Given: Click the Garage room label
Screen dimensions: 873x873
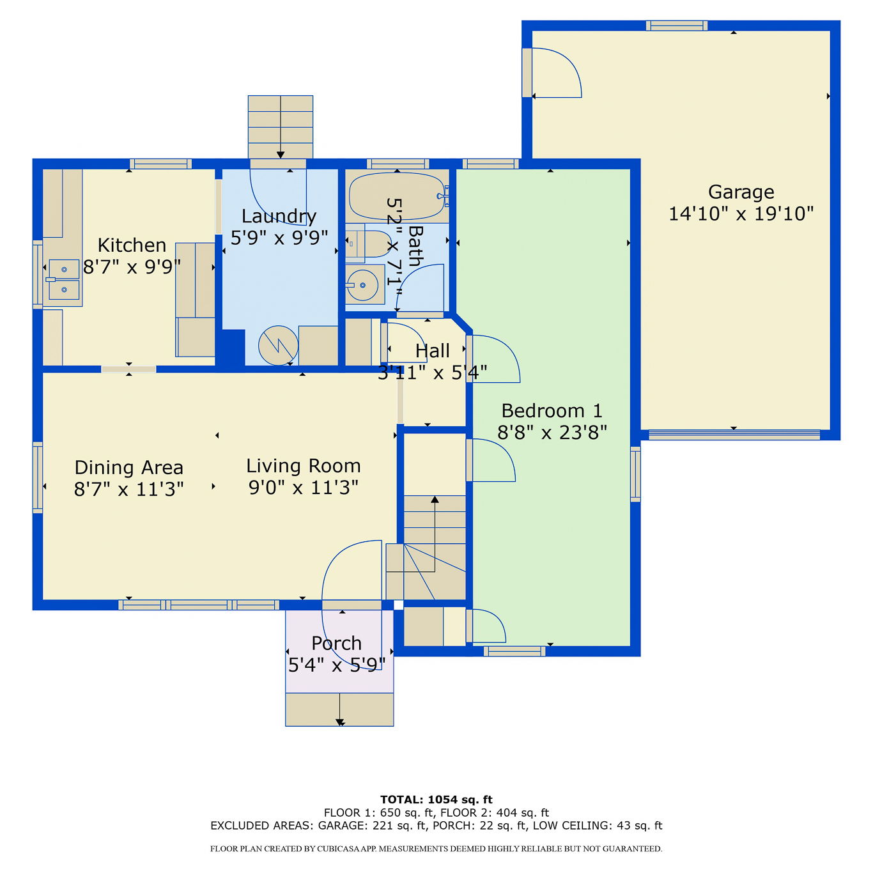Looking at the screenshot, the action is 741,192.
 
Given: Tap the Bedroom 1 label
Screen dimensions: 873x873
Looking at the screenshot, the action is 552,411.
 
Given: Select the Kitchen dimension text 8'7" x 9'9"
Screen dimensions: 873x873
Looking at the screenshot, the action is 132,267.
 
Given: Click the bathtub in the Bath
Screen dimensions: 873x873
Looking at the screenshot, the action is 397,196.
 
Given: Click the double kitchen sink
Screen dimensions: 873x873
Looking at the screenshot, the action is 63,279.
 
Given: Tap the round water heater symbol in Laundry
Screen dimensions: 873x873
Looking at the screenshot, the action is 278,346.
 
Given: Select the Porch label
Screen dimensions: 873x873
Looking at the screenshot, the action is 336,644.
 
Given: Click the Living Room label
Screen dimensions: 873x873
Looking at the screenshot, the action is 304,466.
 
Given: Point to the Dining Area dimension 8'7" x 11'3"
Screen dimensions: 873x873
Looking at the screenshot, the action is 129,490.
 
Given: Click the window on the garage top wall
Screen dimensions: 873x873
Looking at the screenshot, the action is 676,26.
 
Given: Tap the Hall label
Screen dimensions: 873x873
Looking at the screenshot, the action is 433,351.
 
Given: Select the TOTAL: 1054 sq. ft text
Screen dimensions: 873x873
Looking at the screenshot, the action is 436,800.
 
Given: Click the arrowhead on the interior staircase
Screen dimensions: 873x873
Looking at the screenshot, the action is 435,499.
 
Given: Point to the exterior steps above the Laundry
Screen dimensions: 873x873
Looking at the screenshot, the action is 281,127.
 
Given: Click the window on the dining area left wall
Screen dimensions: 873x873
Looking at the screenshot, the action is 38,477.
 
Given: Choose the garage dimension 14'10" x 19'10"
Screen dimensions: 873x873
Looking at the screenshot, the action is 741,214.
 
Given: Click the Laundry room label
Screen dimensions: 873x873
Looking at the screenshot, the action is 279,217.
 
